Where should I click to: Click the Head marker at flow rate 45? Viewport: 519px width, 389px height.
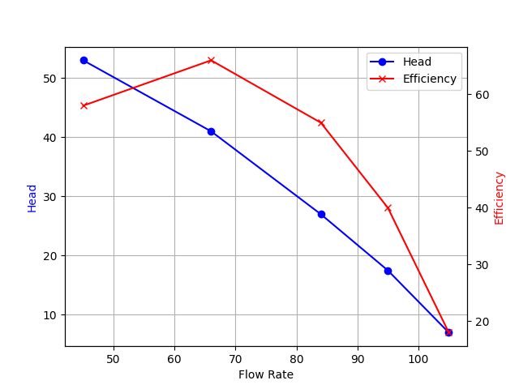pyautogui.click(x=84, y=60)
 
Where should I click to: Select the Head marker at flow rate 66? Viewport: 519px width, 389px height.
pyautogui.click(x=211, y=131)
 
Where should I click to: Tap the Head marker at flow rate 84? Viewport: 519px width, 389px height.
pyautogui.click(x=321, y=214)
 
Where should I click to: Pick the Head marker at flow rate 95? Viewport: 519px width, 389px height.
pyautogui.click(x=388, y=271)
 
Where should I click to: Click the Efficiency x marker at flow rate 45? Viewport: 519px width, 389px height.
pyautogui.click(x=84, y=105)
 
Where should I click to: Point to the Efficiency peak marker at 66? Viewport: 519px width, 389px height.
pyautogui.click(x=211, y=60)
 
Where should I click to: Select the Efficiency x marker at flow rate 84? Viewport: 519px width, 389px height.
pyautogui.click(x=321, y=123)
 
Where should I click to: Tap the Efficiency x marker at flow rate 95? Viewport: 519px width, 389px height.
pyautogui.click(x=388, y=208)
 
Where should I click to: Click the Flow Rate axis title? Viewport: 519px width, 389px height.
pyautogui.click(x=266, y=375)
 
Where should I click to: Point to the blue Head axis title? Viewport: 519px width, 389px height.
pyautogui.click(x=32, y=198)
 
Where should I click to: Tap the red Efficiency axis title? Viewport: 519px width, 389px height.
pyautogui.click(x=500, y=198)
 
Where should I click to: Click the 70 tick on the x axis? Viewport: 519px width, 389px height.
pyautogui.click(x=235, y=358)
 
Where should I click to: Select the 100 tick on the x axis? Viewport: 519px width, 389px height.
pyautogui.click(x=418, y=358)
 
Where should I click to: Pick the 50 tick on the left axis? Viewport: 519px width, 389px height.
pyautogui.click(x=53, y=79)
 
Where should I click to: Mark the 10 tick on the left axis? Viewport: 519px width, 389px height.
pyautogui.click(x=53, y=315)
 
